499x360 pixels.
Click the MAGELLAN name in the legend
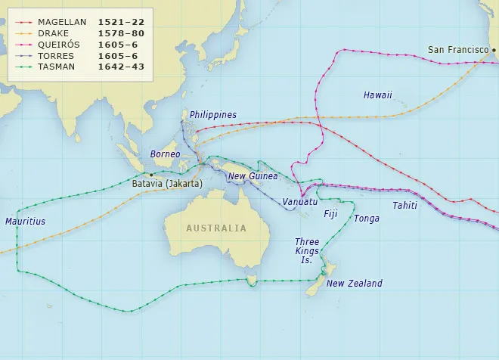(62, 23)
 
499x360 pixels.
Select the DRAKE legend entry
(53, 33)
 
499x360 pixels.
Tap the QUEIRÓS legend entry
(58, 44)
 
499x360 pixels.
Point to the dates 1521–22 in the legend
(120, 23)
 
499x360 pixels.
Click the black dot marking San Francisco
(494, 51)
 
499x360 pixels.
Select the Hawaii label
(377, 95)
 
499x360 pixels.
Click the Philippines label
(213, 115)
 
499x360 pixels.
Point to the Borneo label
(166, 154)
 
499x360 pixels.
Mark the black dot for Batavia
(151, 175)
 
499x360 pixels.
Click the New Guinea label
(253, 176)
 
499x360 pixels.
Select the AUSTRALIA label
(216, 228)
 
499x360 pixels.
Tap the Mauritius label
(25, 222)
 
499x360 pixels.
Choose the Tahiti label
(404, 206)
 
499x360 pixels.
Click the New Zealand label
(355, 284)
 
